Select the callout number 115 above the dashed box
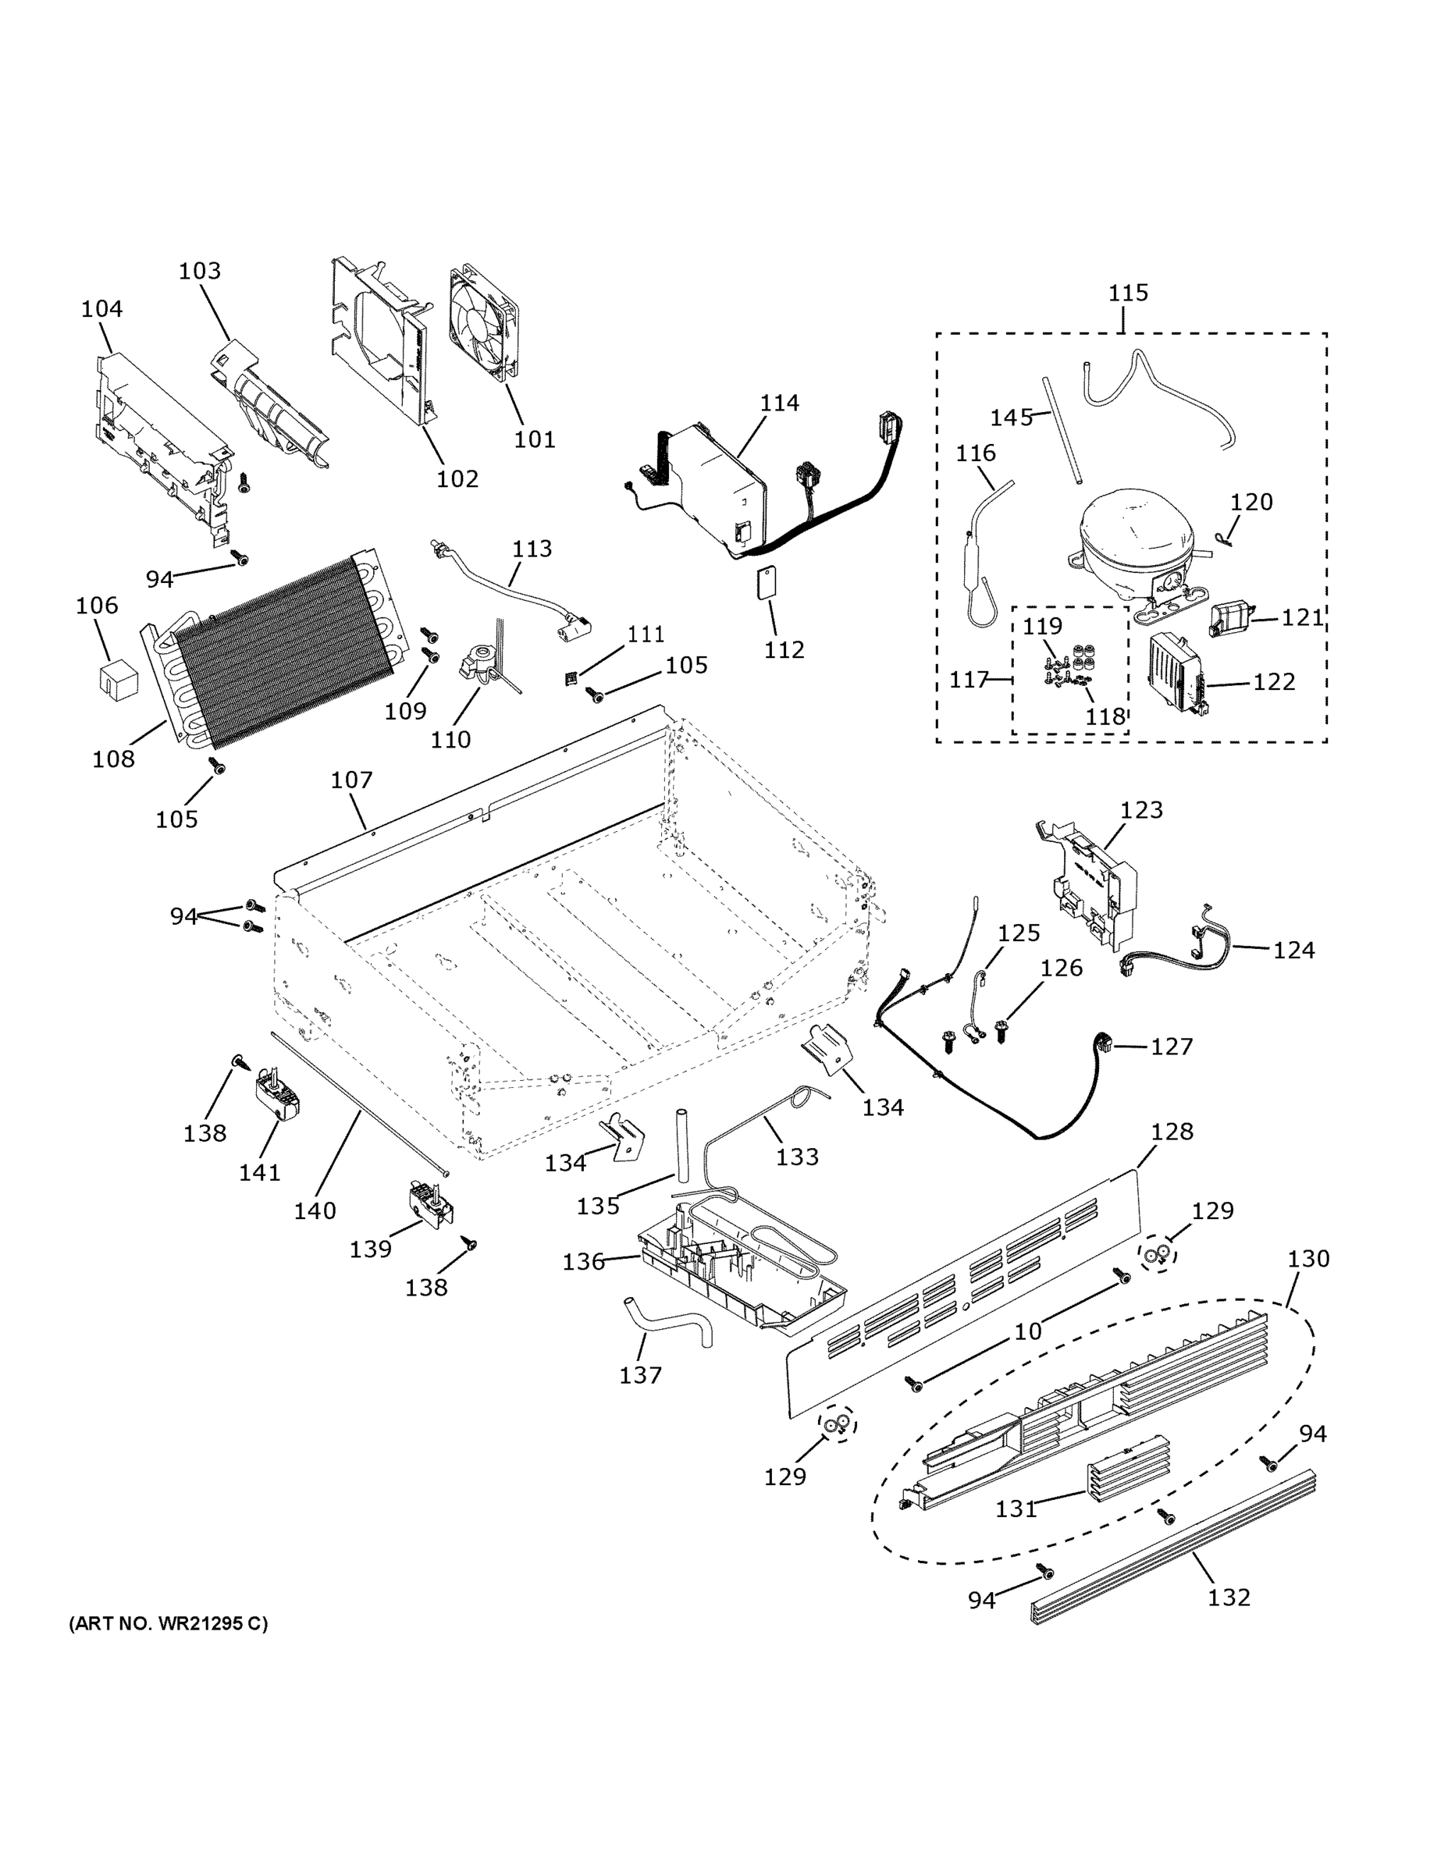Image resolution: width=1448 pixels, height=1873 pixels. tap(1127, 293)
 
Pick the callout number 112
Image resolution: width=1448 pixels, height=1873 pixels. tap(784, 650)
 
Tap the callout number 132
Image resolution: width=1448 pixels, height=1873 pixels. tap(1229, 1597)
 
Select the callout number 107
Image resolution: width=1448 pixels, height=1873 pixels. tap(352, 780)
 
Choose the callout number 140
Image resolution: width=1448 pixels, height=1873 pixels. tap(315, 1210)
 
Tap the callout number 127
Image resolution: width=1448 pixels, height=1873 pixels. tap(1171, 1047)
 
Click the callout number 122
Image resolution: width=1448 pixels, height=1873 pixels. tap(1273, 681)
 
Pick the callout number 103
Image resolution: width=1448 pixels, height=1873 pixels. tap(199, 271)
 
